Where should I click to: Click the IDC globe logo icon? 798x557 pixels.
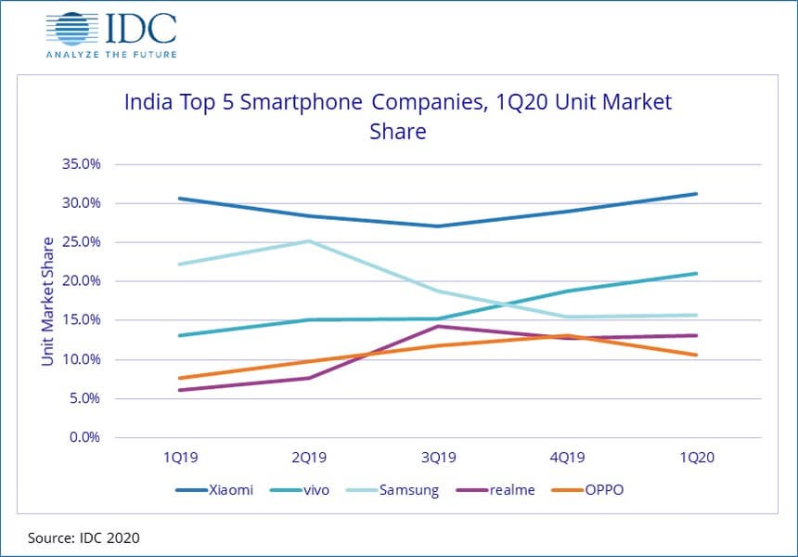(72, 28)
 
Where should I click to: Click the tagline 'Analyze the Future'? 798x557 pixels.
(110, 54)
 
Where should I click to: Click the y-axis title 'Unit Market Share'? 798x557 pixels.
(47, 301)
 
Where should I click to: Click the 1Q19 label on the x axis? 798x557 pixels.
(179, 458)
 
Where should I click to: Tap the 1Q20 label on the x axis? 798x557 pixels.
(696, 458)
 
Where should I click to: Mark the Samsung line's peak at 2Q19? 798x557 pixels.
(308, 241)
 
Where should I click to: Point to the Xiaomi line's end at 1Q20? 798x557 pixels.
(696, 194)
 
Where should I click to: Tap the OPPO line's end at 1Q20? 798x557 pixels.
(696, 355)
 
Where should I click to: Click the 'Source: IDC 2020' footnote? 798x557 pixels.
(83, 538)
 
